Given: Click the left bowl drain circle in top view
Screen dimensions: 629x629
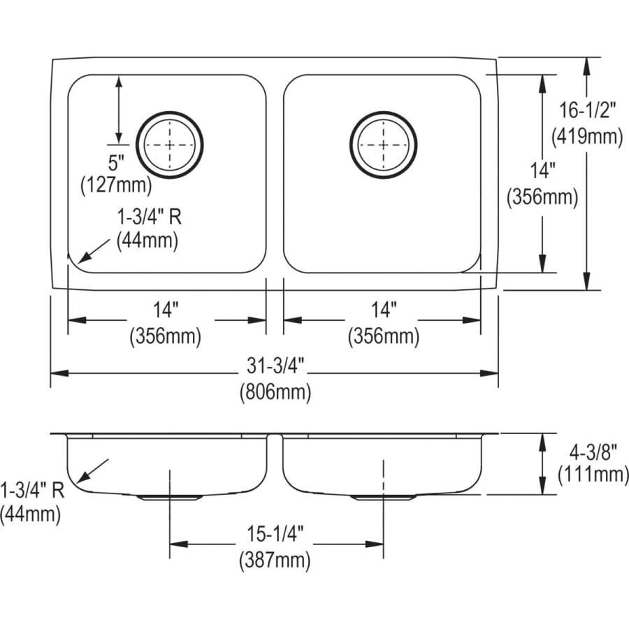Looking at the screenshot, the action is click(170, 145).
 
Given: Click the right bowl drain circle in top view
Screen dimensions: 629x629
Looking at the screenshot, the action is click(384, 145).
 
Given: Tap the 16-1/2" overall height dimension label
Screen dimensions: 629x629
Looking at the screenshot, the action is click(587, 110).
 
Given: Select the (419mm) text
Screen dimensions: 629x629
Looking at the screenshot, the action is click(587, 137).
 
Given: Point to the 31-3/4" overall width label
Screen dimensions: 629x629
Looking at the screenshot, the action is click(275, 366).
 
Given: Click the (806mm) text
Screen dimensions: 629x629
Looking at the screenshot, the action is click(275, 391).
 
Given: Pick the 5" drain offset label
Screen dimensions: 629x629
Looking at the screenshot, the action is click(116, 162).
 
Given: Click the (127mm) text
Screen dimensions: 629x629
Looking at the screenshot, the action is click(116, 186).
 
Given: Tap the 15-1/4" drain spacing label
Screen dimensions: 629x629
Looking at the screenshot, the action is click(275, 534).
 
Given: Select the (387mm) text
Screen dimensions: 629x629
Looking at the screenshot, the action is click(275, 560).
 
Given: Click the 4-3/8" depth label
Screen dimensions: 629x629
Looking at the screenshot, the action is click(593, 453).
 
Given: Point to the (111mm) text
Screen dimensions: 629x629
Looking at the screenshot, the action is click(593, 475).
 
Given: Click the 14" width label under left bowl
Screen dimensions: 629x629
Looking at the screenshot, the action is click(165, 310).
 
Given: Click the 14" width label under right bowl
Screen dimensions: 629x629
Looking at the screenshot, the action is click(384, 310).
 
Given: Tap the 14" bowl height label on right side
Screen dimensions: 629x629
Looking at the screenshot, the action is click(543, 171).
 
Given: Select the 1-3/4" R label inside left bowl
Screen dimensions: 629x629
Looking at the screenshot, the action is click(149, 217).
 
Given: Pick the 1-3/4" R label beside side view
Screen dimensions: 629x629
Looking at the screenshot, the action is click(32, 490).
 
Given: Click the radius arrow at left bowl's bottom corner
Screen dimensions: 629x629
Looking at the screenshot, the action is click(94, 252).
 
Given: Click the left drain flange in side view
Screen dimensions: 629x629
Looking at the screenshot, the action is click(169, 498).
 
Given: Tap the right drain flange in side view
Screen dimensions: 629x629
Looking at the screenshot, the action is click(383, 498).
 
